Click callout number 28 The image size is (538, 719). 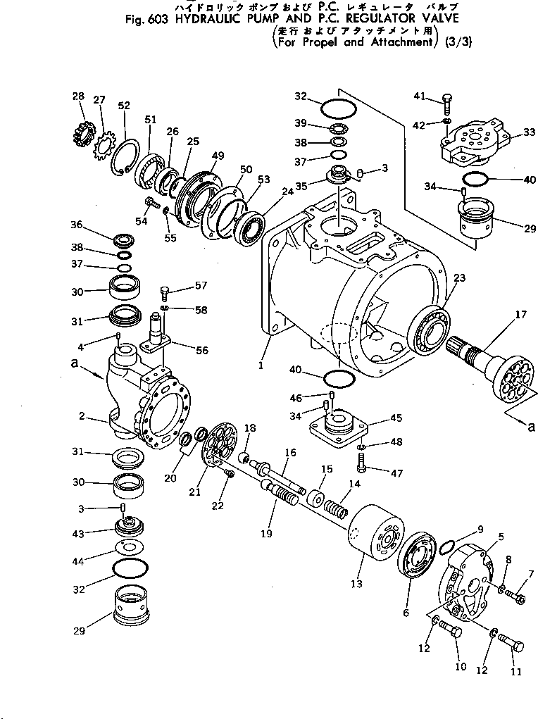coord(77,96)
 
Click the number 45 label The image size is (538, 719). coord(396,418)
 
